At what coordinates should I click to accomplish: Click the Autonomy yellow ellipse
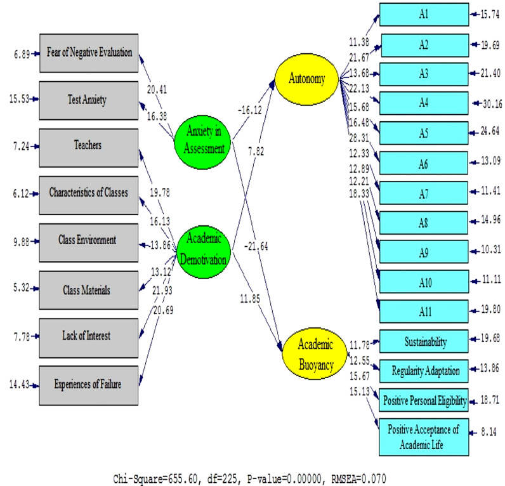point(307,79)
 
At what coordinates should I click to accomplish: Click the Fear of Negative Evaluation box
point(89,52)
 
